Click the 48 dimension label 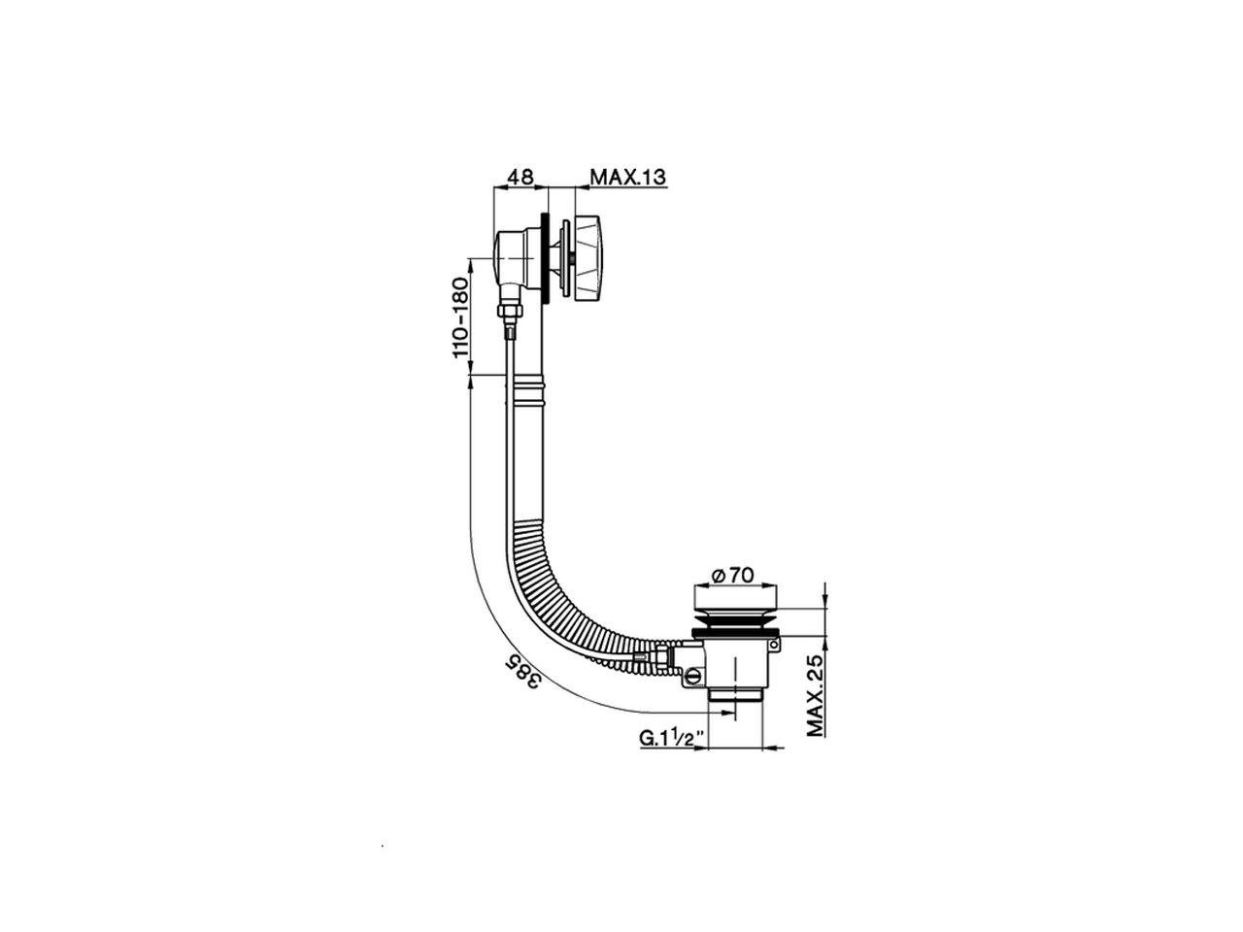point(521,177)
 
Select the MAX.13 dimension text point(627,177)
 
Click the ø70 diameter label point(733,575)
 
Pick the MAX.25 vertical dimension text point(815,694)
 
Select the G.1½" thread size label point(670,738)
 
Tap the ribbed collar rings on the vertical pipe point(526,391)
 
